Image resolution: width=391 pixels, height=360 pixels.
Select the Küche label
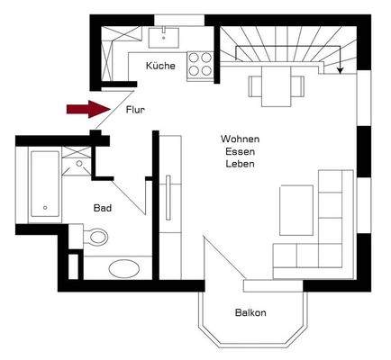[x=160, y=67]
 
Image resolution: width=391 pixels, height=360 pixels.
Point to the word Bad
[x=103, y=208]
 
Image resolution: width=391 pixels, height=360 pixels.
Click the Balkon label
[x=250, y=313]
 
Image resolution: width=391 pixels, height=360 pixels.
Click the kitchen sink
[x=164, y=37]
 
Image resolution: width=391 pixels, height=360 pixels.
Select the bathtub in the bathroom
[x=44, y=184]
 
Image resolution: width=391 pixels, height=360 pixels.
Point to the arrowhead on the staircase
[x=340, y=69]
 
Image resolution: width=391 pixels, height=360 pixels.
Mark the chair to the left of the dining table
[x=254, y=85]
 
